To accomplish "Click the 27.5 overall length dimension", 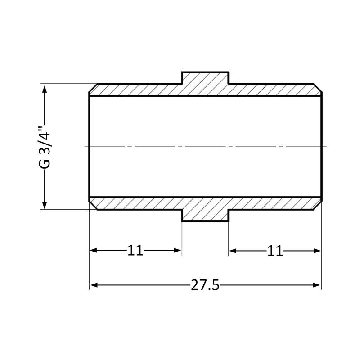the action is tap(205, 285).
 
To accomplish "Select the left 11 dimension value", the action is tap(135, 250).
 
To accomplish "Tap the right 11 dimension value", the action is tap(275, 251).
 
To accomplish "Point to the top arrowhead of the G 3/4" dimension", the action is tap(45, 89).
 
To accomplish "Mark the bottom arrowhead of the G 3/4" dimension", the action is tap(45, 204).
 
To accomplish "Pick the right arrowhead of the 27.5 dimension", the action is tap(317, 285).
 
